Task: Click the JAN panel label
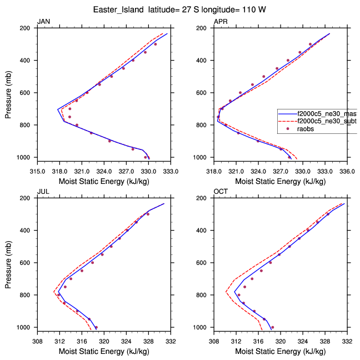pyautogui.click(x=42, y=22)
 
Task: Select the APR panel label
pyautogui.click(x=221, y=22)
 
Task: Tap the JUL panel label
pyautogui.click(x=42, y=192)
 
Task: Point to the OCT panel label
pyautogui.click(x=221, y=192)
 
